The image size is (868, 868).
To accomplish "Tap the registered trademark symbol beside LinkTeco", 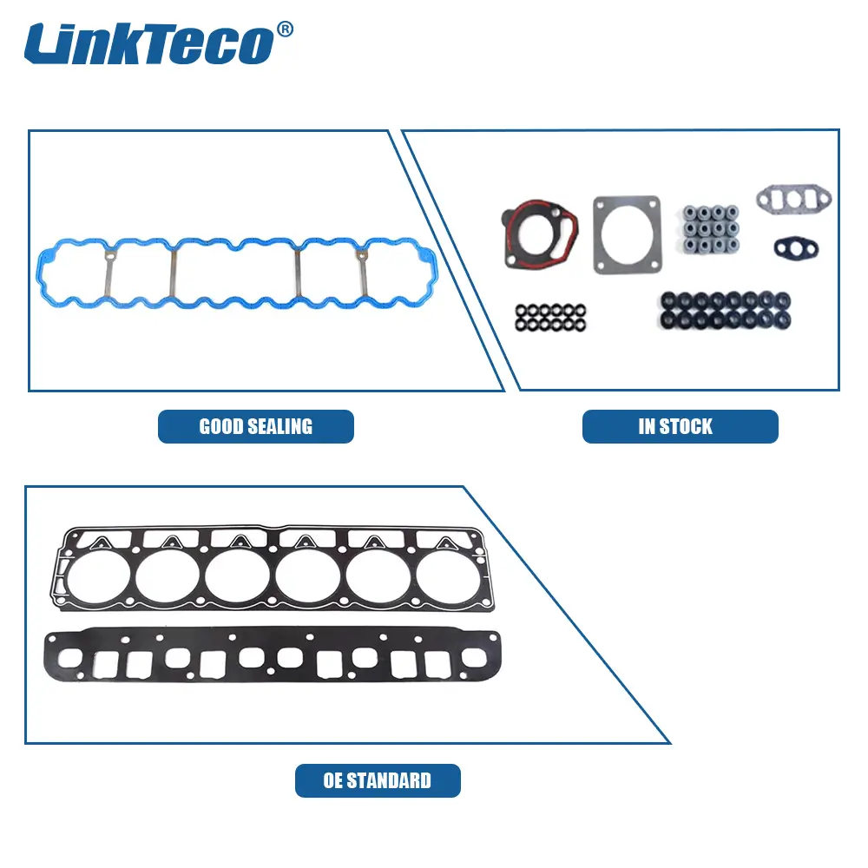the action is pos(285,29).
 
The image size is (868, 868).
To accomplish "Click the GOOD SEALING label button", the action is pos(256,426).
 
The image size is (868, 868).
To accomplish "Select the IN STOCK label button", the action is pos(681,426).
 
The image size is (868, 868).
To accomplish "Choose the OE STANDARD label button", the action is pos(378,780).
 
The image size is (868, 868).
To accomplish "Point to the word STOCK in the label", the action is pos(686,426).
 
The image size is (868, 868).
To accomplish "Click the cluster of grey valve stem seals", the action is pos(711,228).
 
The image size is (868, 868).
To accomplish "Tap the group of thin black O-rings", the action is pos(550,318).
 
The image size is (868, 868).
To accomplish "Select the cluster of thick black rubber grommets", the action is pos(725,311).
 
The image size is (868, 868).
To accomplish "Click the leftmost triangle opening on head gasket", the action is pos(102,543).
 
